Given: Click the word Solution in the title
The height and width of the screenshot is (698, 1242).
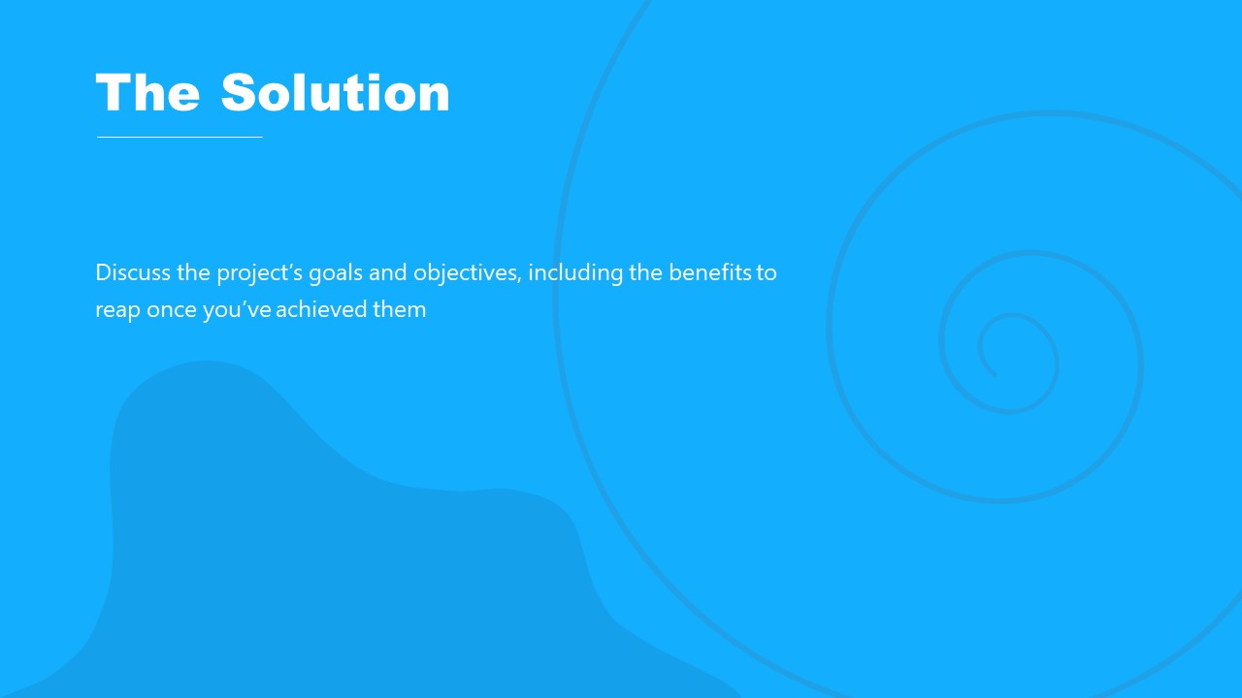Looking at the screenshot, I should coord(336,93).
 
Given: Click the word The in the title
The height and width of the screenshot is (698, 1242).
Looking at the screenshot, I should coord(147,93).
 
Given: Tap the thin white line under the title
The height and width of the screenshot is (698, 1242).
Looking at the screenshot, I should coord(180,137).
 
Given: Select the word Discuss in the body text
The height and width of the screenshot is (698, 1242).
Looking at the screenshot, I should coord(133,272).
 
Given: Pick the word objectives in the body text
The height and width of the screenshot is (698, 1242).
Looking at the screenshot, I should coord(466,273).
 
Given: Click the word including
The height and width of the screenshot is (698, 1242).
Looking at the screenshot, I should coord(575,273).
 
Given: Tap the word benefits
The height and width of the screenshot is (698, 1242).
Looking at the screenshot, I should coord(709,272).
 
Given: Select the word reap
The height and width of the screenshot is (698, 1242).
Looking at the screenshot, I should coord(117,311).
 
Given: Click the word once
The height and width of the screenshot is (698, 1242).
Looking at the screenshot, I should coord(172,310).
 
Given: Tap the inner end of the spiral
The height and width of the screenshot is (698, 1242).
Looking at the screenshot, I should coord(994,373).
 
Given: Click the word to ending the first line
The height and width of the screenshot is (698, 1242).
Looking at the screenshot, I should coord(767,272).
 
